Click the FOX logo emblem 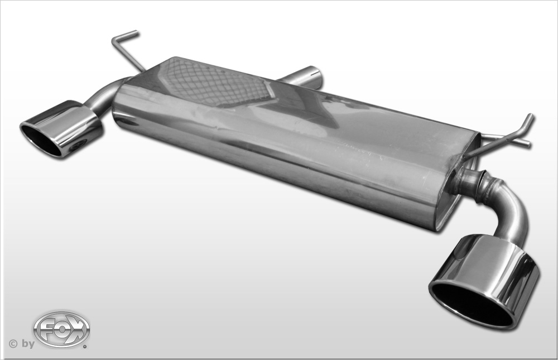[x=61, y=330]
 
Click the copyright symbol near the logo [x=13, y=344]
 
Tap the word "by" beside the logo [x=28, y=344]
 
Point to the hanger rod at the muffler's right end [x=506, y=137]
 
